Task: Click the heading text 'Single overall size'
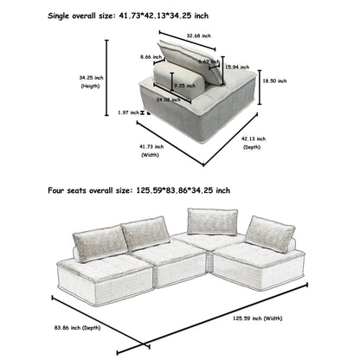51,16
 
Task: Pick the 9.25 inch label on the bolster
183,85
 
